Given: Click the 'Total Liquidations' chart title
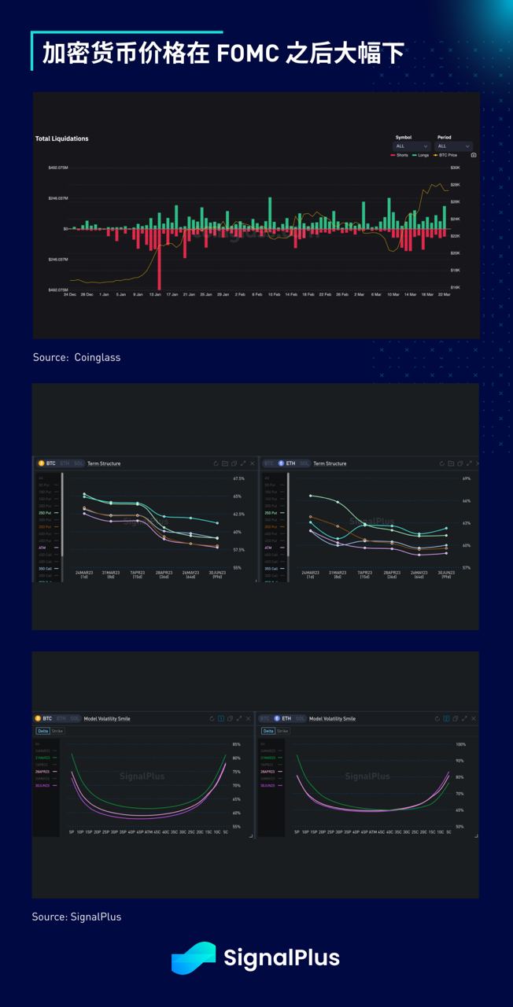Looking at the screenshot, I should [61, 138].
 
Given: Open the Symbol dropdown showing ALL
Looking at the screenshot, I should [412, 146].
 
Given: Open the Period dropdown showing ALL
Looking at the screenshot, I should [453, 146].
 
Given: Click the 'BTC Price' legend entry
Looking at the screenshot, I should [447, 155].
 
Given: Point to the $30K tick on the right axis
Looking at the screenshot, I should [455, 168].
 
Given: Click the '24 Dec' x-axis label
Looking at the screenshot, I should [70, 294].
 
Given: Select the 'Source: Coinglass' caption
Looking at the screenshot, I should [76, 357].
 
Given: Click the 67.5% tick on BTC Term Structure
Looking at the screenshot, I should [238, 478].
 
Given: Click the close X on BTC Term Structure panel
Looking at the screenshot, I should [252, 463].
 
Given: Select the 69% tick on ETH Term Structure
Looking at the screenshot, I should [466, 478].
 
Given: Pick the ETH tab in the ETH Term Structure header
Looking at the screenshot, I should [290, 463].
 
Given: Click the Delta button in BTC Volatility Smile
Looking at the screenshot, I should [42, 731].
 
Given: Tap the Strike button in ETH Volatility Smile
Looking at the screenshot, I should [282, 731].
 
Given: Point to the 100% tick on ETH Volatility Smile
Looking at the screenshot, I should [460, 744].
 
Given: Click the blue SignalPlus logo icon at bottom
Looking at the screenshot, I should [194, 957].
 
